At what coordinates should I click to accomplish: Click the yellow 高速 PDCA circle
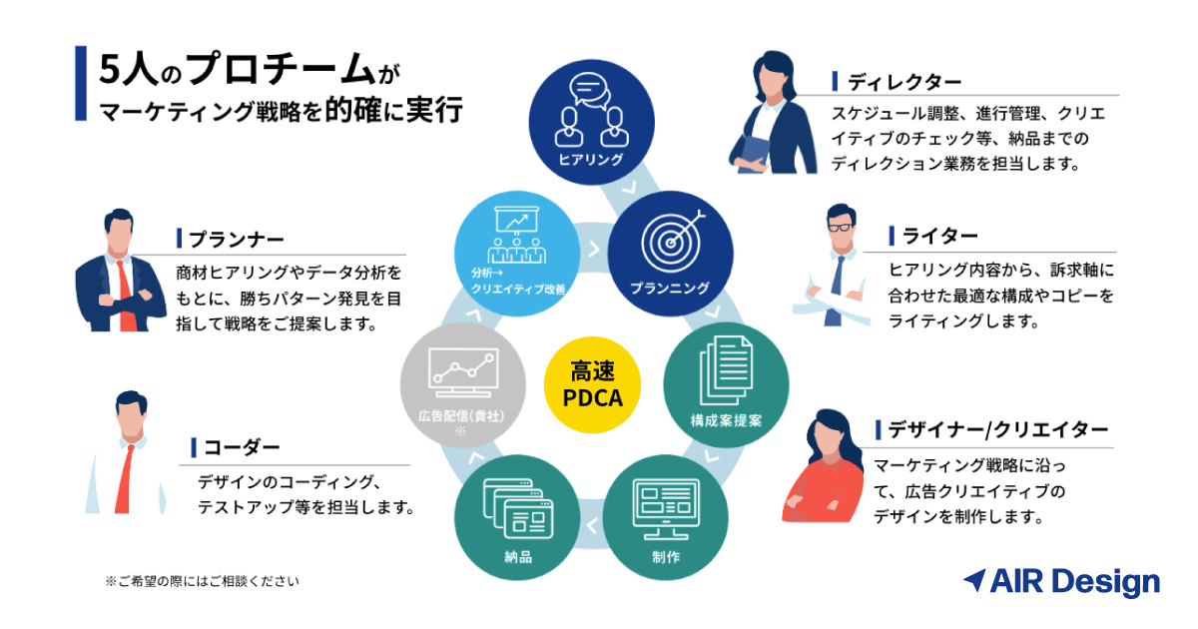pos(592,384)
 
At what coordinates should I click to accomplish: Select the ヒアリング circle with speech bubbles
pos(591,123)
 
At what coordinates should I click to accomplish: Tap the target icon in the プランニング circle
pos(672,242)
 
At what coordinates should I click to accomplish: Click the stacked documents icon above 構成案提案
pos(726,370)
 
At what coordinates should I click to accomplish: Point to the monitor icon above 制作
pos(666,508)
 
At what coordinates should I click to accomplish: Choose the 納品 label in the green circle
pos(518,557)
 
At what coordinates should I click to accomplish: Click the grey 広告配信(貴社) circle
pos(462,385)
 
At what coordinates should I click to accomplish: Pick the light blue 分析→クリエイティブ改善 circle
pos(517,254)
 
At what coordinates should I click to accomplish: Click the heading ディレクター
pos(904,82)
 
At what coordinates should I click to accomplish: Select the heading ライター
pos(939,236)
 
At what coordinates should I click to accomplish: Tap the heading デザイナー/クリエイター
pos(998,429)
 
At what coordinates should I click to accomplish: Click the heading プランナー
pos(237,239)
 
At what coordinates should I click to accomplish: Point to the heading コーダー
pos(242,447)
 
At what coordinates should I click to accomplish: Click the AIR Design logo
pos(1061,582)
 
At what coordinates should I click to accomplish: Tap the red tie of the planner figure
pos(125,296)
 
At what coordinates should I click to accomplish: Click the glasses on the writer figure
pos(841,227)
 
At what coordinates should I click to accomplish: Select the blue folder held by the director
pos(754,155)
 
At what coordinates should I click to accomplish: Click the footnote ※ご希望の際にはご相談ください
pos(202,581)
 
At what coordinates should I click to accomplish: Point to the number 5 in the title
pos(111,70)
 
